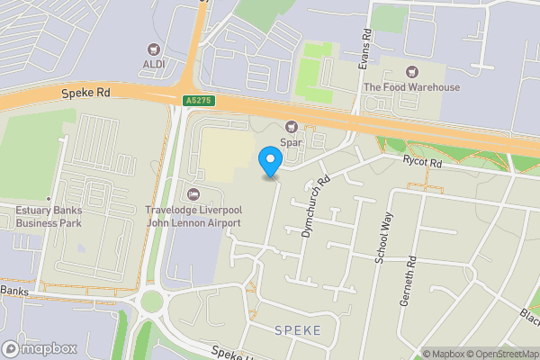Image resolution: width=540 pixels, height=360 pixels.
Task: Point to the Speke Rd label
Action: pos(85,93)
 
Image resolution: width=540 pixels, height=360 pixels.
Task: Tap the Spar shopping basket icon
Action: pos(291,127)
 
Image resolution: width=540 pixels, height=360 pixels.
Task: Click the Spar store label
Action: pos(291,142)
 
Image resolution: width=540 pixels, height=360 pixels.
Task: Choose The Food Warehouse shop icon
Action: pos(412,71)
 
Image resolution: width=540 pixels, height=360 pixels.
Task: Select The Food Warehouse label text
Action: pos(412,87)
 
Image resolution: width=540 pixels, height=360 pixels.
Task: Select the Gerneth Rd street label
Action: pos(413,260)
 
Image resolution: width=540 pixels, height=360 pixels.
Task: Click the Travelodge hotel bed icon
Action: pos(193,194)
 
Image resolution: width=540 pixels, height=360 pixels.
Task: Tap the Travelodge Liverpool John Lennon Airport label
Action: pos(193,216)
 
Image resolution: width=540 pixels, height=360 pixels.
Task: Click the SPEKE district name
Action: pos(296,330)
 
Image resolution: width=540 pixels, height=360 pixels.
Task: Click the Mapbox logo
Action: pos(39,348)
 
